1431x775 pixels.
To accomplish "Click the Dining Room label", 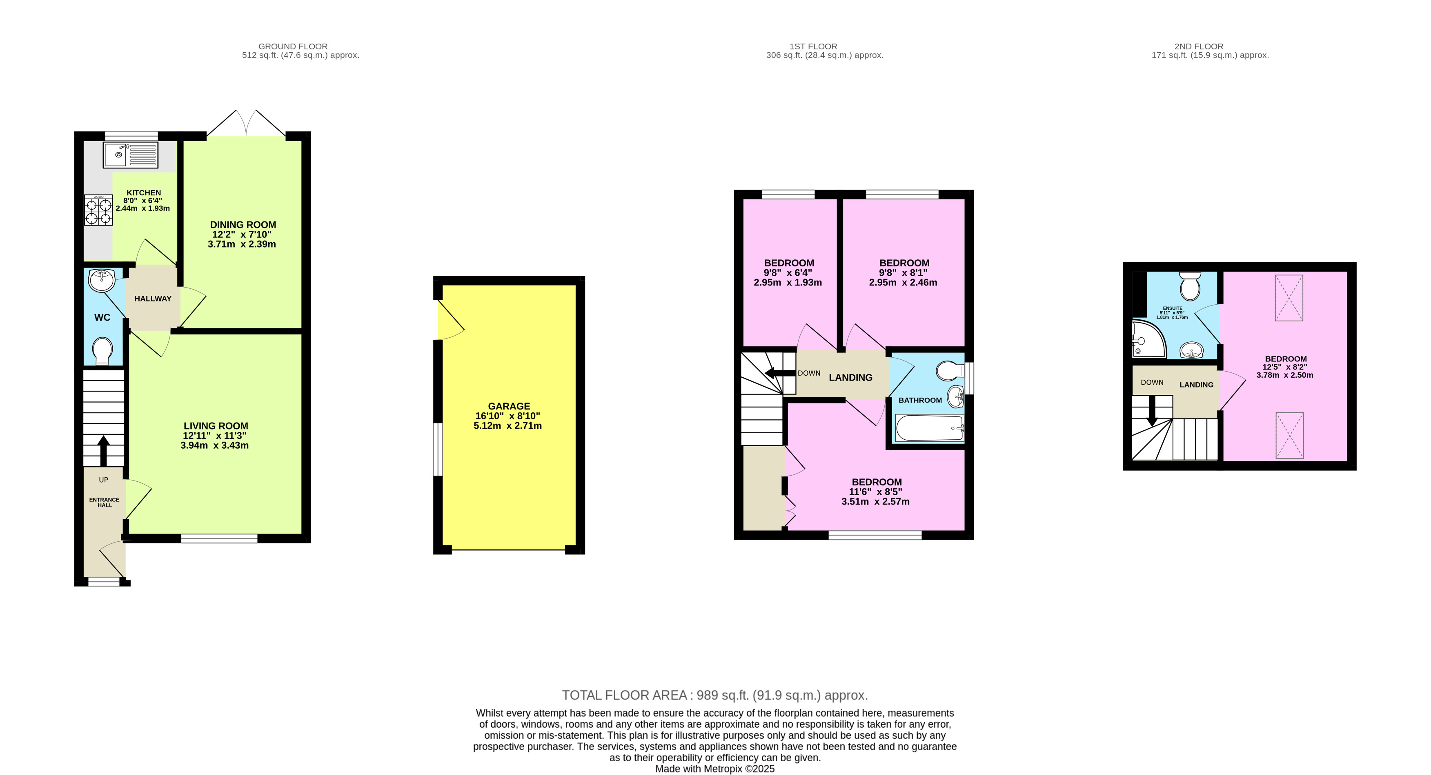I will pos(243,225).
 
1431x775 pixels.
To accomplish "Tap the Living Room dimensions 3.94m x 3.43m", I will pos(214,445).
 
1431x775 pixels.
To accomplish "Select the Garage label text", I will pos(509,406).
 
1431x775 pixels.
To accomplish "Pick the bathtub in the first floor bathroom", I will pos(929,428).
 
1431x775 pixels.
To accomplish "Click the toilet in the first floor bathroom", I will pos(950,371).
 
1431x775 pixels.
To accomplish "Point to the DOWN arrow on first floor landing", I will pos(779,373).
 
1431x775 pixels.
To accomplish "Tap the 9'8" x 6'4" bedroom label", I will pos(788,272).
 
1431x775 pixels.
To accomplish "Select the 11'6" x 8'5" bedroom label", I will pos(876,492).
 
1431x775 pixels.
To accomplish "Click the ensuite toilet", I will pos(1191,286).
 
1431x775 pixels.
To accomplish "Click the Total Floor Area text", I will pos(714,695).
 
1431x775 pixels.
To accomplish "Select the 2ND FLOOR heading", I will pos(1199,46).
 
